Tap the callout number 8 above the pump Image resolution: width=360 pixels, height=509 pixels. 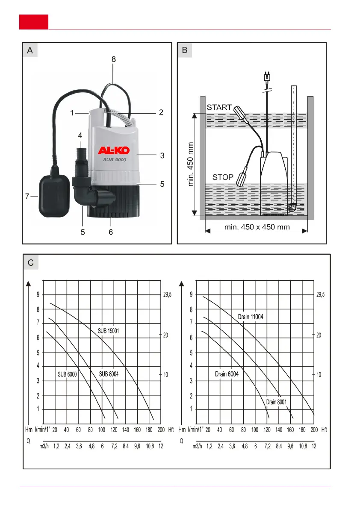click(x=114, y=60)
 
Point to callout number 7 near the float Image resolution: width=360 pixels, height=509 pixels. click(x=27, y=197)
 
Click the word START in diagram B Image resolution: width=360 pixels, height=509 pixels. click(x=220, y=107)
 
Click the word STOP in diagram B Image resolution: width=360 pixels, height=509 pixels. click(x=223, y=177)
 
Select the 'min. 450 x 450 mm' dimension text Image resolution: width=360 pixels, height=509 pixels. click(x=257, y=227)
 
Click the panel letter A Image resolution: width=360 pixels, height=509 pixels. click(x=30, y=50)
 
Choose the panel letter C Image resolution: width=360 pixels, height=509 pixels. click(x=31, y=262)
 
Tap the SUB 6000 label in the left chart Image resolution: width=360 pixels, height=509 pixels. click(x=67, y=374)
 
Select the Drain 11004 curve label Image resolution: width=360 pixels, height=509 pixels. click(x=251, y=317)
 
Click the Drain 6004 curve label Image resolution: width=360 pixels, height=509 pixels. click(x=227, y=374)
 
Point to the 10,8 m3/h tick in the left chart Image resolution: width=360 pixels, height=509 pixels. click(x=150, y=446)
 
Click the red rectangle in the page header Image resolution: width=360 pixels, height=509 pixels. click(x=34, y=22)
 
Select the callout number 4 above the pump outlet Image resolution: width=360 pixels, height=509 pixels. click(x=80, y=135)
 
